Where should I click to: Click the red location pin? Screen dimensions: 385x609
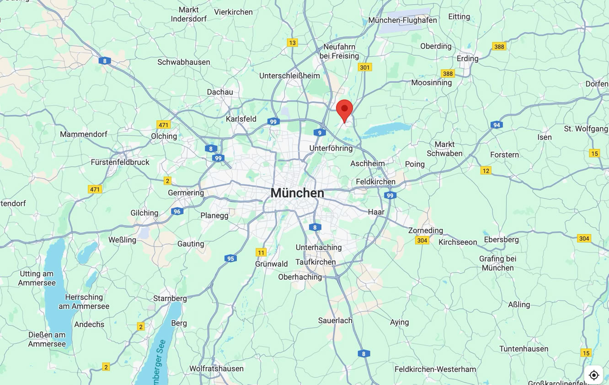coord(344,110)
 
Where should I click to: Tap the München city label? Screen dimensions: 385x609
coord(297,193)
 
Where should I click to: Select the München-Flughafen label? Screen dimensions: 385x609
coord(402,20)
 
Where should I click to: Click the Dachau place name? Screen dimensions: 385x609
coord(220,92)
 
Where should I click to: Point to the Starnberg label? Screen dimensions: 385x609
coord(170,299)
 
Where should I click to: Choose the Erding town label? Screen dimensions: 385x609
coord(467,59)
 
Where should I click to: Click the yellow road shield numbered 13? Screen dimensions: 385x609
coord(292,43)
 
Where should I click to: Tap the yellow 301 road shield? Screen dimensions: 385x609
coord(364,68)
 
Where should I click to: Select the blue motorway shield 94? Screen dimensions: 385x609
coord(497,125)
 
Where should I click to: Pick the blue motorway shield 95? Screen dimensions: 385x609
coord(230,259)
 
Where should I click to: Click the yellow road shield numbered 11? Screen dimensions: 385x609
coord(261,252)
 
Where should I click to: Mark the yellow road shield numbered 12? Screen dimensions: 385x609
coord(486,171)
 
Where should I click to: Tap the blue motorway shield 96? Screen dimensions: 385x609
coord(177,211)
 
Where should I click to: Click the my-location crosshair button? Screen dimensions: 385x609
coord(593,375)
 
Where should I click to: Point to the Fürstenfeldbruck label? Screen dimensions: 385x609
coord(120,162)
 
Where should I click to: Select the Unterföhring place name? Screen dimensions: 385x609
coord(331,149)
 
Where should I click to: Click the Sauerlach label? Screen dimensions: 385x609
coord(335,321)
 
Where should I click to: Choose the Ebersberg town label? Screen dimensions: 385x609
coord(501,240)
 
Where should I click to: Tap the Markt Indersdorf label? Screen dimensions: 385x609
coord(189,14)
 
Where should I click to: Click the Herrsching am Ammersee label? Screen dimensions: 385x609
coord(84,302)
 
